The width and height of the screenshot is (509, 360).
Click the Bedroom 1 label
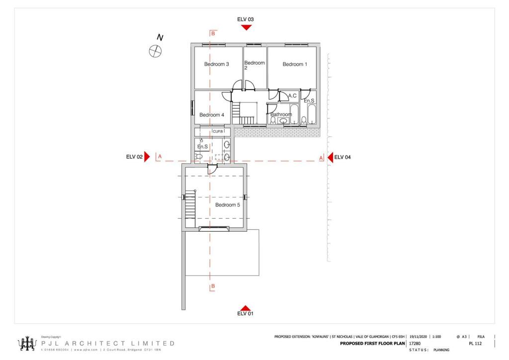coord(295,64)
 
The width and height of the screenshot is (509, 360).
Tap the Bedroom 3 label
coord(216,64)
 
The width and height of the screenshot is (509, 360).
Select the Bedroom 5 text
coord(228,204)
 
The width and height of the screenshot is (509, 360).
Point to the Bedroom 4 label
coord(212,115)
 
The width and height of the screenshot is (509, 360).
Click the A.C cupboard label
coord(292,95)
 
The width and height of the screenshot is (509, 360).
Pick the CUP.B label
coord(218,131)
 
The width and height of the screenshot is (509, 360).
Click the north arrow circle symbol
coord(156,50)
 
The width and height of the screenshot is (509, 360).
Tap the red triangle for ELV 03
coord(246,27)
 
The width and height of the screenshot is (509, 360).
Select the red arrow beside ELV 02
coord(147,157)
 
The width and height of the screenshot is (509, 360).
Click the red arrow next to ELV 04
coord(330,157)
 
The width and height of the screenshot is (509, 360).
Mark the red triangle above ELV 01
coord(245,308)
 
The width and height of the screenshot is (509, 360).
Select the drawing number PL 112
coord(475,343)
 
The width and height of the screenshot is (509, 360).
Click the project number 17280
coord(415,343)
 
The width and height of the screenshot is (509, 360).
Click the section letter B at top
coord(213,34)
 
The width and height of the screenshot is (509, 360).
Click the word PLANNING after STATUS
coord(441,350)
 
